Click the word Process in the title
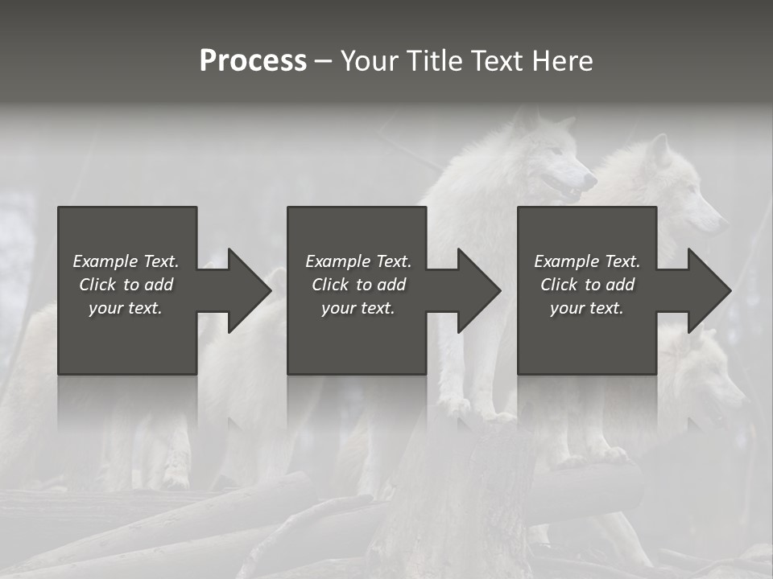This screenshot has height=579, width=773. pyautogui.click(x=253, y=61)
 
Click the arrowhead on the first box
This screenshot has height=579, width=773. pyautogui.click(x=246, y=290)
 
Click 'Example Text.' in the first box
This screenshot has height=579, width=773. pyautogui.click(x=126, y=261)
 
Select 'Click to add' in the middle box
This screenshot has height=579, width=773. pyautogui.click(x=358, y=285)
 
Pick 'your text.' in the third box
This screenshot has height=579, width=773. pyautogui.click(x=586, y=308)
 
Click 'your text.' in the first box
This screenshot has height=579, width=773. pyautogui.click(x=126, y=308)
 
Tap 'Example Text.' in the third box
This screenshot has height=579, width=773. pyautogui.click(x=587, y=261)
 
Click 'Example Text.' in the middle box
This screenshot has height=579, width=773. pyautogui.click(x=358, y=261)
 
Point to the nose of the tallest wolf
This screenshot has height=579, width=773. pyautogui.click(x=593, y=178)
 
